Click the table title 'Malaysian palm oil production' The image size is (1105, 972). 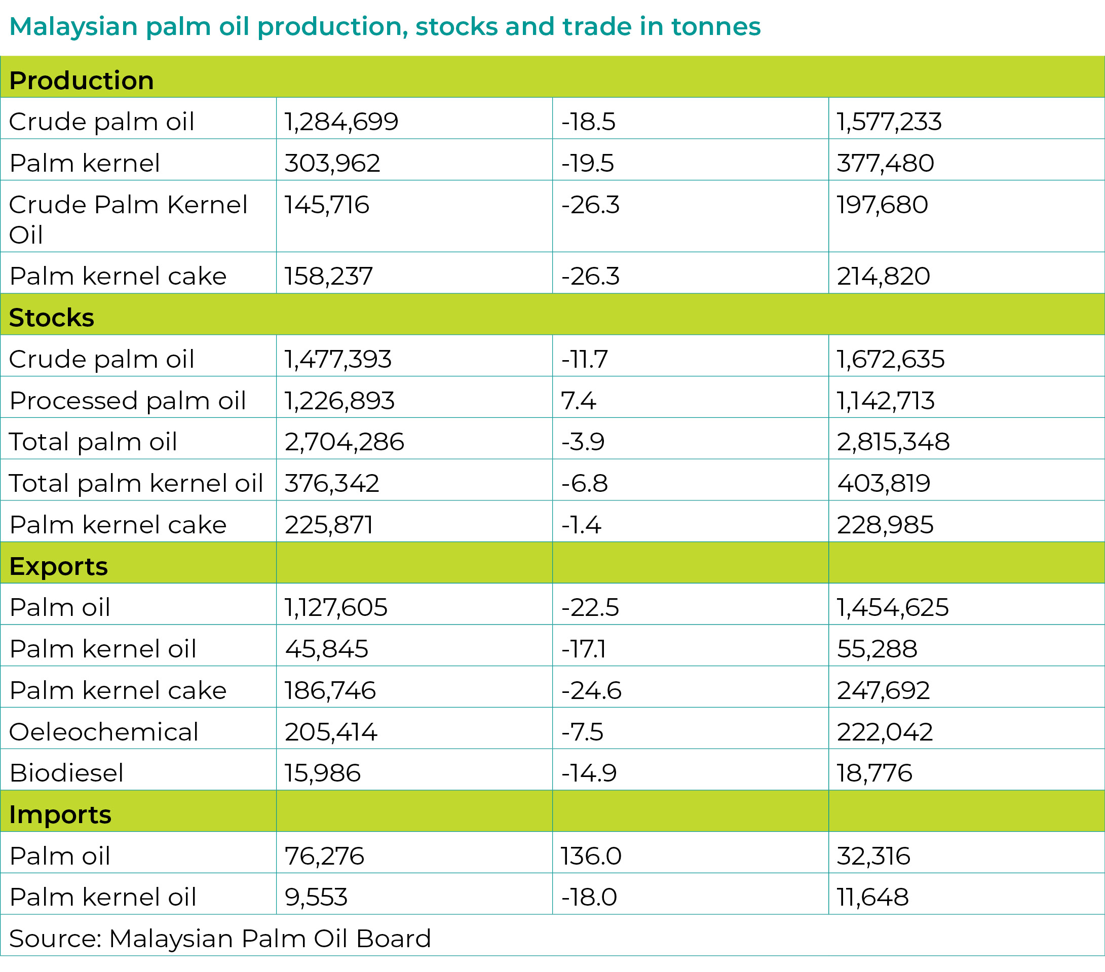pos(385,27)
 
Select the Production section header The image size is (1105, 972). pos(82,81)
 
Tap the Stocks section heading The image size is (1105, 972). pos(52,318)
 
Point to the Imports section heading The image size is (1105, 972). pos(60,814)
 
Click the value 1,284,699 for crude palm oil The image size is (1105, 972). pos(341,121)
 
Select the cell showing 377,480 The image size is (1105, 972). pos(885,163)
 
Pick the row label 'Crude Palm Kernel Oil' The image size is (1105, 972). pos(128,219)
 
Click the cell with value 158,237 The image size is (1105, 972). pos(329,276)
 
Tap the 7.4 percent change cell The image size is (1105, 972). pos(578,401)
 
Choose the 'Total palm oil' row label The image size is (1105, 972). pos(93,442)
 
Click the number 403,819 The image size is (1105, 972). pos(884,483)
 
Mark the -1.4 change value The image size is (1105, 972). pos(581,524)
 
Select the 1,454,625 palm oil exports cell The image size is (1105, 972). pos(893,607)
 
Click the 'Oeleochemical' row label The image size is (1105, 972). pos(104,731)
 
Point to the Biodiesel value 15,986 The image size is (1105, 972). pos(323,772)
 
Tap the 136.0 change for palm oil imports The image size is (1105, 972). pos(591,856)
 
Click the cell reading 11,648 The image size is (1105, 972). pos(872,897)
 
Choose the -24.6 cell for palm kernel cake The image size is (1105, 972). pos(591,690)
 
